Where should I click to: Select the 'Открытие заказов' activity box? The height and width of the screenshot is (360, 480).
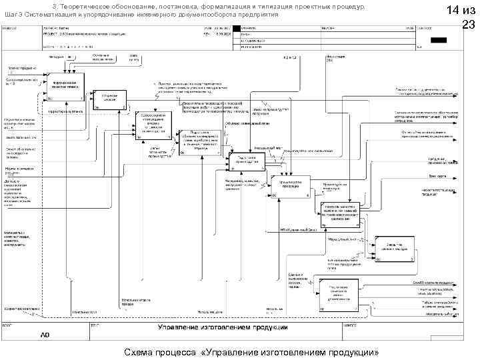tap(109, 97)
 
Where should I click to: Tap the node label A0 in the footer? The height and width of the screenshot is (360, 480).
tap(45, 335)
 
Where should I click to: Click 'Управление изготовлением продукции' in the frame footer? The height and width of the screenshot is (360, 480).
tap(223, 327)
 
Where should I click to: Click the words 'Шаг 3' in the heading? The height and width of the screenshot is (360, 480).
tap(15, 14)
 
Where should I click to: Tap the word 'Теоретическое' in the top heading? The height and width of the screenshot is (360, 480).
tap(92, 5)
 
